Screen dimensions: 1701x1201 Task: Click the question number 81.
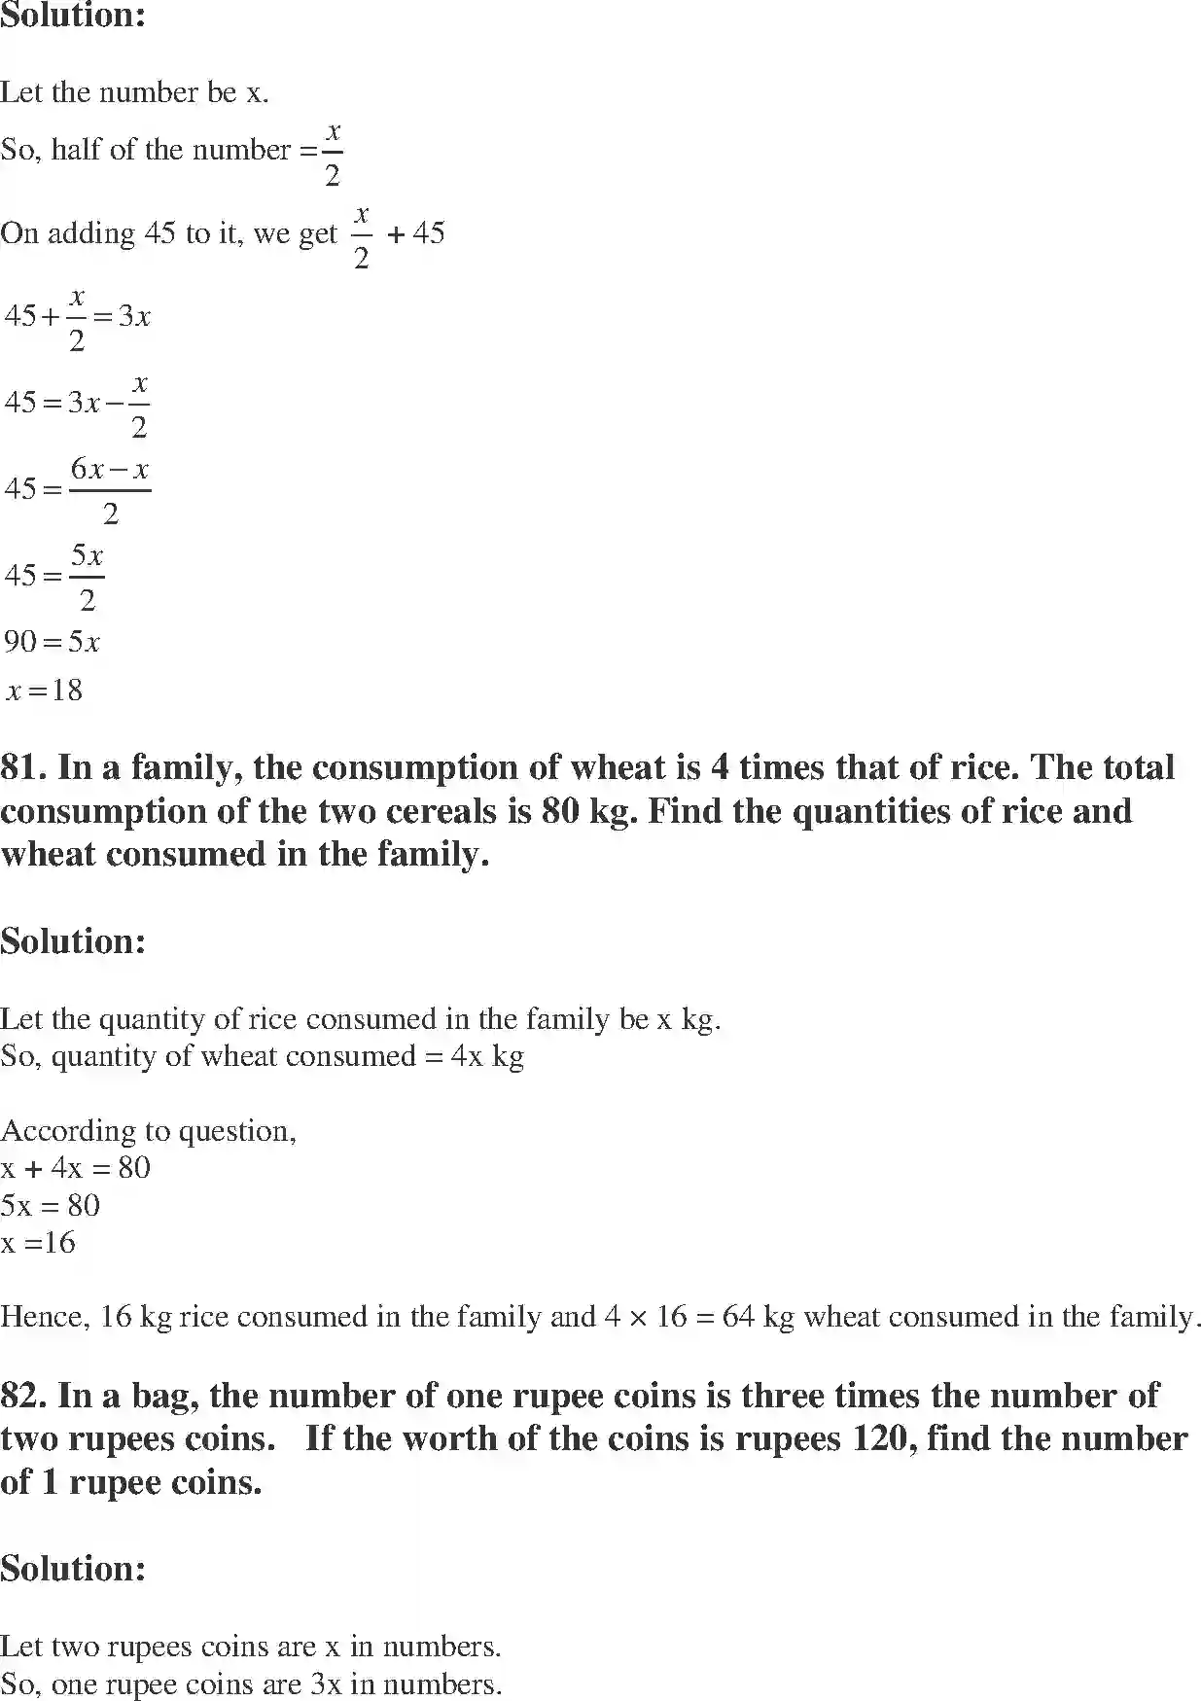23,767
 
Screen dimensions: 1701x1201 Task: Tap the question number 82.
23,1396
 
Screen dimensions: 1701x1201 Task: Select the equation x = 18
45,691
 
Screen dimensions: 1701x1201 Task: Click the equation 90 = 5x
52,642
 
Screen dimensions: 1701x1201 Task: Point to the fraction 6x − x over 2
110,490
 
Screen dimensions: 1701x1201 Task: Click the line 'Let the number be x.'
134,92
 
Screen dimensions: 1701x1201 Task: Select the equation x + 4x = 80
76,1167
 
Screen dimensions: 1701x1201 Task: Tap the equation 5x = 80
51,1205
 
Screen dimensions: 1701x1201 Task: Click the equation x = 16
39,1242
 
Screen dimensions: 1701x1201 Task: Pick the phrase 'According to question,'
148,1130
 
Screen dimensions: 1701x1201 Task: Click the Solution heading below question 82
73,1568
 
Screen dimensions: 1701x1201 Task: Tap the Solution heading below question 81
73,940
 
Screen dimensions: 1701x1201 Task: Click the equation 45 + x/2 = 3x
78,317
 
